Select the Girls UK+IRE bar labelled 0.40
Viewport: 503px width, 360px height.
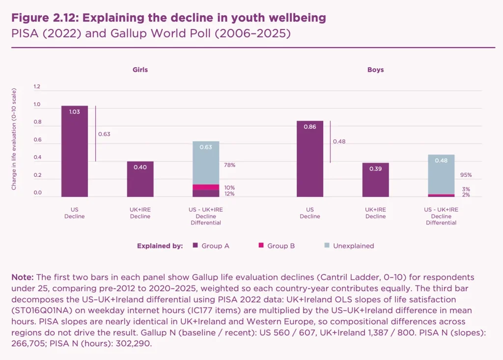click(x=140, y=179)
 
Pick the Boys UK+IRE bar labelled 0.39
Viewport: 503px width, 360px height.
click(x=375, y=180)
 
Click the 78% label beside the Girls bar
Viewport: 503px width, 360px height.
click(x=229, y=165)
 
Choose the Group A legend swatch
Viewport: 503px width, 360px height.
click(x=195, y=246)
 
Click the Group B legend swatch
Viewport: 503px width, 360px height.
click(x=260, y=246)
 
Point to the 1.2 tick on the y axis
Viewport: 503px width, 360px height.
click(x=37, y=87)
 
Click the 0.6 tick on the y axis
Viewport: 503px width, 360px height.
click(x=37, y=140)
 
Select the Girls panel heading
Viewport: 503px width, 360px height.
click(x=140, y=70)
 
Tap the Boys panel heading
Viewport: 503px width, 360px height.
click(x=375, y=70)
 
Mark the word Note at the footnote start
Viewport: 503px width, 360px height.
click(x=22, y=277)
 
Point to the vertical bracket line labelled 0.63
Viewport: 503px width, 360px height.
click(x=95, y=133)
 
